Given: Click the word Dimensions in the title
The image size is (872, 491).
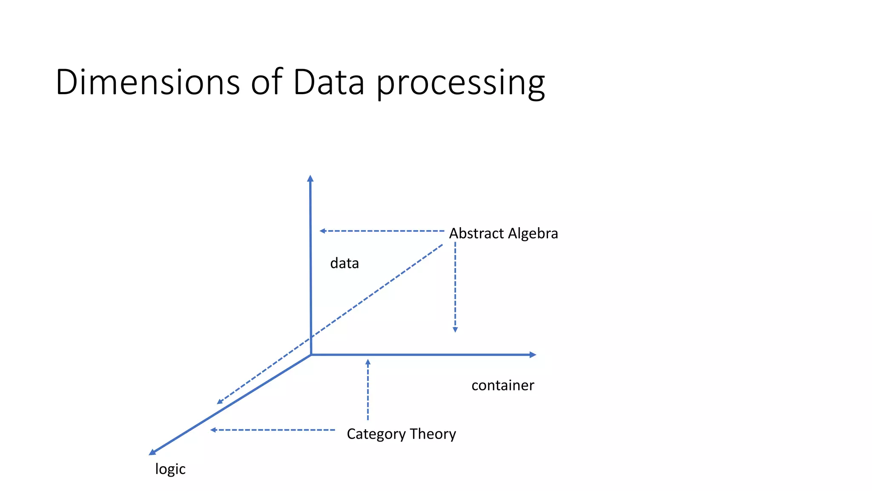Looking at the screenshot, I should click(147, 82).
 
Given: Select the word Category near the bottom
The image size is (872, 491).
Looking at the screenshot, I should click(376, 434).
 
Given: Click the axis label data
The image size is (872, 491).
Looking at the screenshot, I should click(344, 263).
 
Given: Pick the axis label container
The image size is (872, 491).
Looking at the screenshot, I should click(502, 385).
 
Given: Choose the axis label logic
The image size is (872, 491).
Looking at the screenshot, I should click(170, 469).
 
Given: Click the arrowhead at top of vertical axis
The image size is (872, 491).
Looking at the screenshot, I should click(310, 178).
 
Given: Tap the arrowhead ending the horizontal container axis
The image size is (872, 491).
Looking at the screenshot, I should click(533, 355).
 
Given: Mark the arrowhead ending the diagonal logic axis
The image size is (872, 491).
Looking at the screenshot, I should click(152, 453).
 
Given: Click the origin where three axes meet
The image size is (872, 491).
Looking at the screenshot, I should click(311, 355).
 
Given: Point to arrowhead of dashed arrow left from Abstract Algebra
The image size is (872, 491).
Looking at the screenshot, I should click(322, 231).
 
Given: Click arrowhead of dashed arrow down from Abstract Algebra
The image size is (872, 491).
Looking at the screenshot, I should click(455, 330).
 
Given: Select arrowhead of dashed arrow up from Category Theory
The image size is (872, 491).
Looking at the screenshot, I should click(368, 362).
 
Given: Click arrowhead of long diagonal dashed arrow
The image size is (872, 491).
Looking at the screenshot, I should click(220, 401).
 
